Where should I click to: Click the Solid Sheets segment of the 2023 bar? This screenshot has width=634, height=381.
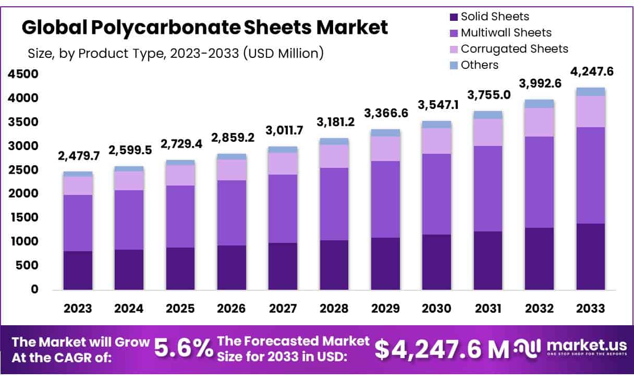point(78,270)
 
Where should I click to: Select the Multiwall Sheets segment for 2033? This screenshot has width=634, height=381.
point(591,175)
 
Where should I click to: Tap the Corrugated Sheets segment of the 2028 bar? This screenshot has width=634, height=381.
point(334,156)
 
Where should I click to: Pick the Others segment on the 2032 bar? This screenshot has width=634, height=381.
point(540,104)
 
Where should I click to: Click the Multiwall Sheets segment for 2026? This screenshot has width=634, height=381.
point(231,213)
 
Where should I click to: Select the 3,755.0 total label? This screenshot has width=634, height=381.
point(489,95)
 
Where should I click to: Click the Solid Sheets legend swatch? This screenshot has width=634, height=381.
point(453,17)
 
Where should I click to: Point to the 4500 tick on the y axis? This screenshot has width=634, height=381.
point(23,74)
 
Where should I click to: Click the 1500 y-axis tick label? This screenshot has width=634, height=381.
point(23,217)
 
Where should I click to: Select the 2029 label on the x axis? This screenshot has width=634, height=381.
point(385,308)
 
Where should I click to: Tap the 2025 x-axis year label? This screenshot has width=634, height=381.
point(180,308)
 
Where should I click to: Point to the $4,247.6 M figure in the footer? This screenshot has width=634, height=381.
point(442,350)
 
